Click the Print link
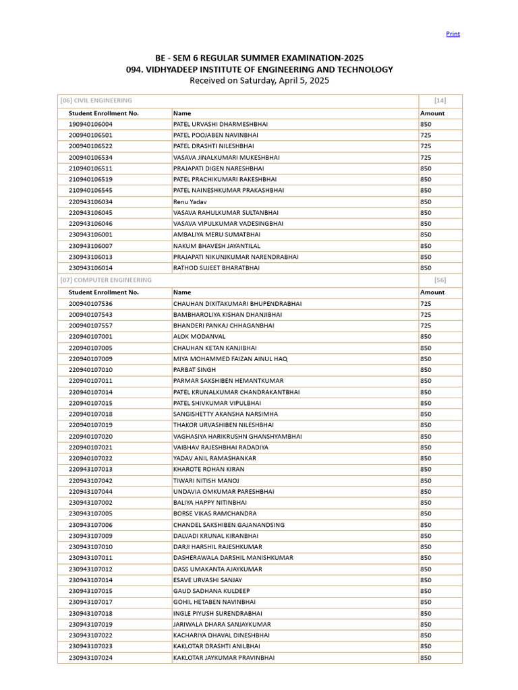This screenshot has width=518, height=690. pyautogui.click(x=453, y=34)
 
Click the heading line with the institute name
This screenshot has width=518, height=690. pyautogui.click(x=259, y=69)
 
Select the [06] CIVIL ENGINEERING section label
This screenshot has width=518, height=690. pyautogui.click(x=96, y=100)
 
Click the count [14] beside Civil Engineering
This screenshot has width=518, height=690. pyautogui.click(x=440, y=100)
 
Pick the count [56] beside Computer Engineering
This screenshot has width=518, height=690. pyautogui.click(x=440, y=280)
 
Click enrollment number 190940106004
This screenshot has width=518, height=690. pyautogui.click(x=90, y=124)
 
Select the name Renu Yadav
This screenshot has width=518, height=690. pyautogui.click(x=190, y=201)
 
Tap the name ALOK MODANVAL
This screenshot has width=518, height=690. pyautogui.click(x=199, y=336)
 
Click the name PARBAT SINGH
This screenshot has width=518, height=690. pyautogui.click(x=194, y=370)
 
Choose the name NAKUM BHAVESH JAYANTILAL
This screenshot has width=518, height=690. pyautogui.click(x=216, y=246)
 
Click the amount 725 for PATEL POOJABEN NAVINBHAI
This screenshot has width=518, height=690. pyautogui.click(x=426, y=135)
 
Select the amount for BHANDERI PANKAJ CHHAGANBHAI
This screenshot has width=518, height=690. pyautogui.click(x=426, y=325)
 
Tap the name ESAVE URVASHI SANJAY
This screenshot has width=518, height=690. pyautogui.click(x=207, y=579)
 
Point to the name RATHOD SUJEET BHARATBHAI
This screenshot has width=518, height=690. pyautogui.click(x=216, y=268)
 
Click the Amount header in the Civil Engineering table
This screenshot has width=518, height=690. pyautogui.click(x=432, y=113)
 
